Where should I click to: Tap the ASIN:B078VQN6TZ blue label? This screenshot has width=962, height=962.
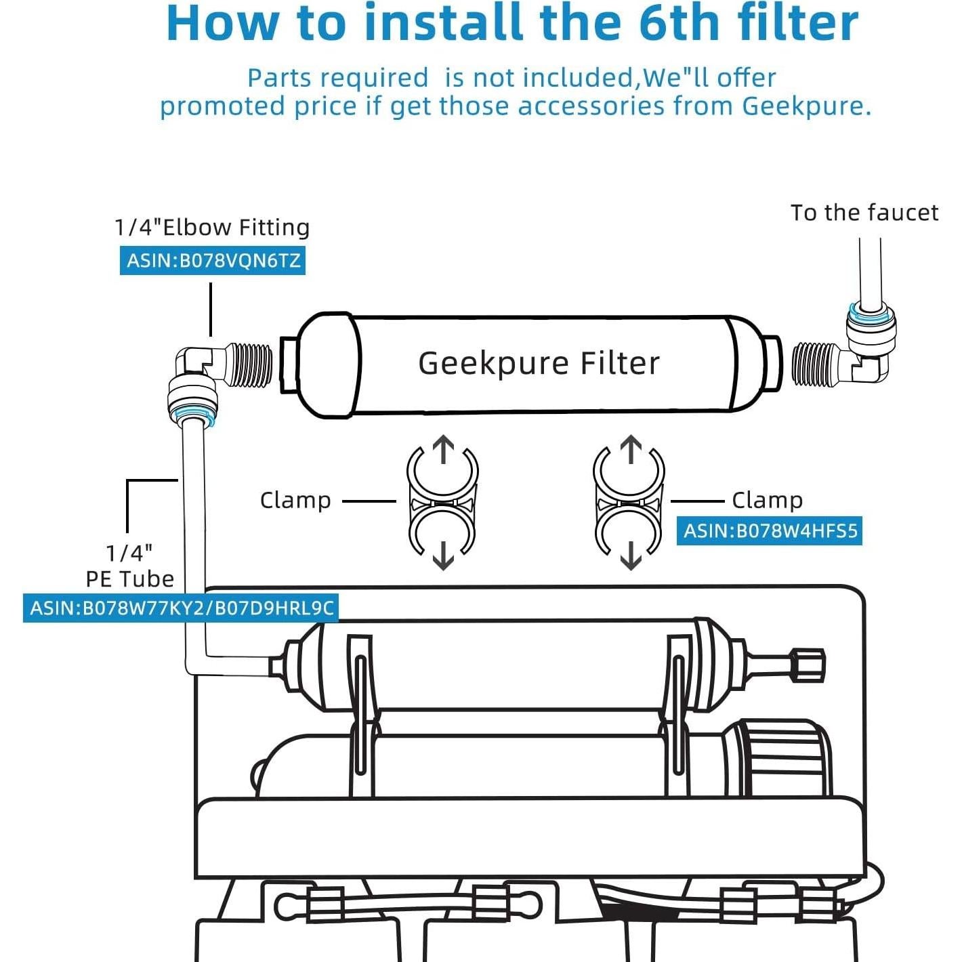click(213, 260)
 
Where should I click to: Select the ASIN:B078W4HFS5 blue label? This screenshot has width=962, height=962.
click(770, 531)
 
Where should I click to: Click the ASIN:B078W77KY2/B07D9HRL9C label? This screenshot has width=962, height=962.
click(182, 608)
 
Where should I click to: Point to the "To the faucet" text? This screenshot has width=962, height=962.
click(864, 213)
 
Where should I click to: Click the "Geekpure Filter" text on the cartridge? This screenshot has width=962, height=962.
click(539, 363)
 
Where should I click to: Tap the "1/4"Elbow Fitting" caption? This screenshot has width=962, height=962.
click(211, 227)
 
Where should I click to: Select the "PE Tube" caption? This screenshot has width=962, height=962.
click(129, 579)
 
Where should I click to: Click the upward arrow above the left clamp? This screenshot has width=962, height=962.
click(443, 449)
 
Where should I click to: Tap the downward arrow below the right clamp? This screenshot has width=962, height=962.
click(631, 555)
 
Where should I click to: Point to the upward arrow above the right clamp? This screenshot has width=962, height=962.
click(631, 449)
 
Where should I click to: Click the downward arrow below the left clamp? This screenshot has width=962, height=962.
click(443, 555)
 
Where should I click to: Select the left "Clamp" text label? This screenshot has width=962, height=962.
click(295, 500)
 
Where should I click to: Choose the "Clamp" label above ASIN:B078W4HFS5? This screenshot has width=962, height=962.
click(767, 500)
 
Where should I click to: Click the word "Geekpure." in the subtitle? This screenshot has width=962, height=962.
click(806, 106)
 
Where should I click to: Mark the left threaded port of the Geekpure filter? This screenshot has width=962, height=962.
click(287, 364)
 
